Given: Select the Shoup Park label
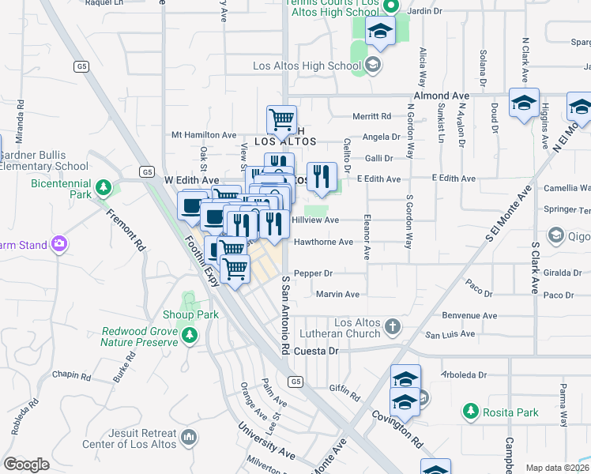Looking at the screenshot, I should [190, 314].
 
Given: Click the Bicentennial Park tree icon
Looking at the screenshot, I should [102, 188].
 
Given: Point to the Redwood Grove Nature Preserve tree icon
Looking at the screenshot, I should [189, 337].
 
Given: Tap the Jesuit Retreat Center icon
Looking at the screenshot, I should [189, 435].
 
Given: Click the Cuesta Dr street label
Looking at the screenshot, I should [316, 351].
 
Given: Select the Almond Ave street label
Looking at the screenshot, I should [441, 96].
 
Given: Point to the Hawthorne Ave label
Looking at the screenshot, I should [323, 242].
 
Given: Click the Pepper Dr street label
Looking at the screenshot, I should [313, 273].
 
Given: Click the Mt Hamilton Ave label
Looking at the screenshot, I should [204, 135].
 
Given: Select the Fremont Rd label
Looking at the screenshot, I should [126, 230].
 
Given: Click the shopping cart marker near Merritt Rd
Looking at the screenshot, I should [281, 119].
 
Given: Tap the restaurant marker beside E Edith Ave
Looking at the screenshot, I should [322, 176].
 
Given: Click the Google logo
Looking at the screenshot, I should [26, 465].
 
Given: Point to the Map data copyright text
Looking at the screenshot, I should [557, 468].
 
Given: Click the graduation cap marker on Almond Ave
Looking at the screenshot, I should [523, 103].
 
